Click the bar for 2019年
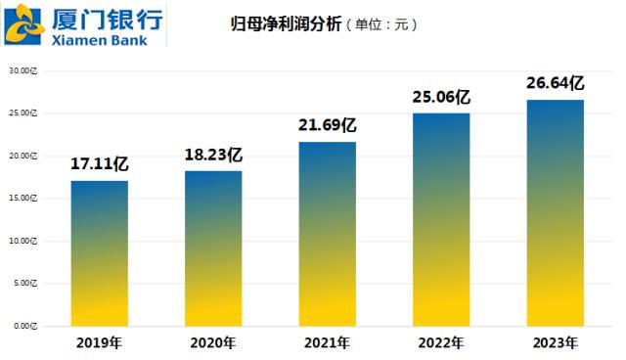[x=99, y=252]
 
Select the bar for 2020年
[x=213, y=248]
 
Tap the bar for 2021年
[x=327, y=234]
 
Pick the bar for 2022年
[x=441, y=219]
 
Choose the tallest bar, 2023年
[x=555, y=212]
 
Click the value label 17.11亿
[x=99, y=164]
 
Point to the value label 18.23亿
[x=213, y=155]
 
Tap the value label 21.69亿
[x=327, y=126]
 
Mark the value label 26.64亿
[x=555, y=83]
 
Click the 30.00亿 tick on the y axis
[x=22, y=70]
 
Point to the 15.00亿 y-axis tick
[x=22, y=198]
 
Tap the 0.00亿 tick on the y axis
[x=24, y=325]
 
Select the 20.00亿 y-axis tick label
[x=22, y=156]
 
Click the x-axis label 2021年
[x=327, y=342]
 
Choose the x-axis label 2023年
[x=555, y=342]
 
